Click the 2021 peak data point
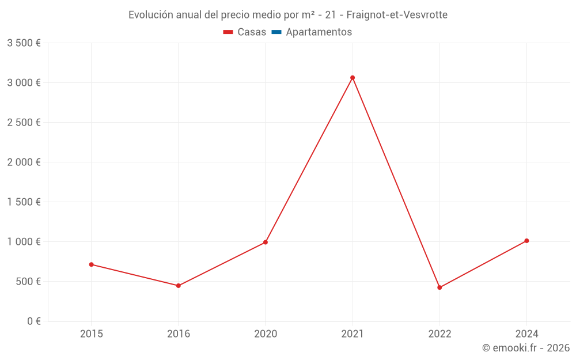tap(353, 78)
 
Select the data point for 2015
tap(91, 264)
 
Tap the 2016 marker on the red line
tap(179, 286)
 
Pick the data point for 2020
tap(266, 242)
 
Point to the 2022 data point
tap(439, 287)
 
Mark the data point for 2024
tap(526, 241)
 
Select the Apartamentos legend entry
tap(319, 32)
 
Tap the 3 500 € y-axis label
tap(24, 43)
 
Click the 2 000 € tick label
tap(24, 162)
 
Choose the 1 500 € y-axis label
tap(24, 202)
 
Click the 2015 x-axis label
tap(91, 334)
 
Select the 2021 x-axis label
tap(353, 334)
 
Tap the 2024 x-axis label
tap(526, 334)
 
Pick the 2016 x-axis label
tap(179, 334)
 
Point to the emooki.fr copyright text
tap(526, 348)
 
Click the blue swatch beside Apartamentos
tap(276, 32)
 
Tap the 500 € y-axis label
tap(28, 282)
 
